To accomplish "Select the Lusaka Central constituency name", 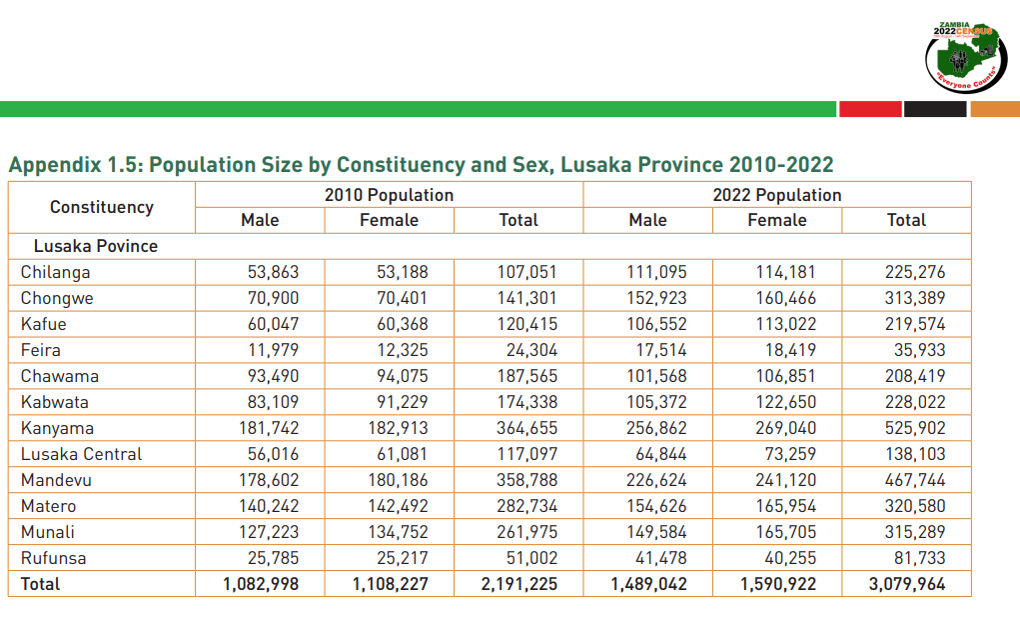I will click(81, 454).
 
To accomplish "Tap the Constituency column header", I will click(102, 207).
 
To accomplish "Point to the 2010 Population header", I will click(389, 195).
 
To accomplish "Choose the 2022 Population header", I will click(776, 195).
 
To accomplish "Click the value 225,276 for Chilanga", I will click(915, 272).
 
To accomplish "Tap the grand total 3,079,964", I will click(905, 584).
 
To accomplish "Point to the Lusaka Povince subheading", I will click(96, 246).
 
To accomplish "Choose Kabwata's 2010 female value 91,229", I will click(399, 402).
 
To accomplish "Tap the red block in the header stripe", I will click(870, 109).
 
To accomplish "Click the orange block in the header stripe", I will click(995, 109).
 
